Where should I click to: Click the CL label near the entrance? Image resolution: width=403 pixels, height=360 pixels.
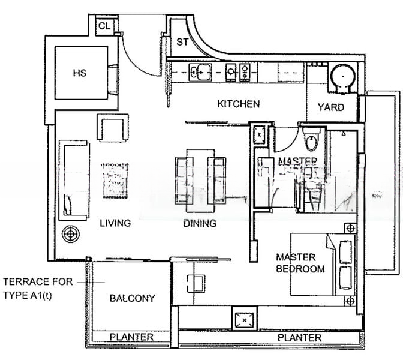[x=104, y=26]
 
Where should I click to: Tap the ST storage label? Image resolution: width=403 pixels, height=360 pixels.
[x=182, y=42]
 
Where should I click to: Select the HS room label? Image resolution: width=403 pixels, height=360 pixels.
[x=79, y=73]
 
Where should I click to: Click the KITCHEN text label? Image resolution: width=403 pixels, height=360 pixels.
[x=238, y=104]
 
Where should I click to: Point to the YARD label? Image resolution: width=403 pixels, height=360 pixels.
[x=330, y=107]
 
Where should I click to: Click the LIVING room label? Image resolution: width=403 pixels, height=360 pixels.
[x=115, y=223]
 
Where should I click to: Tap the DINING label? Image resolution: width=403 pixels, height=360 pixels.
[x=200, y=224]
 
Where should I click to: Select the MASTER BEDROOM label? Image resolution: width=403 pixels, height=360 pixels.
[x=300, y=263]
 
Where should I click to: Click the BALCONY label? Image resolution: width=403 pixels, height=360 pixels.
[x=132, y=298]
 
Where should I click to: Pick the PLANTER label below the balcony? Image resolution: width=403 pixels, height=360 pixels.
[x=131, y=337]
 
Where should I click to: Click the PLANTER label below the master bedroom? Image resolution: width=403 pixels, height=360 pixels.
[x=299, y=338]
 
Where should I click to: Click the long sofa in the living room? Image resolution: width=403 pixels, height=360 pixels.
[x=73, y=179]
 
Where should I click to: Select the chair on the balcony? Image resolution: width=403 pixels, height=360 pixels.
[x=196, y=283]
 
